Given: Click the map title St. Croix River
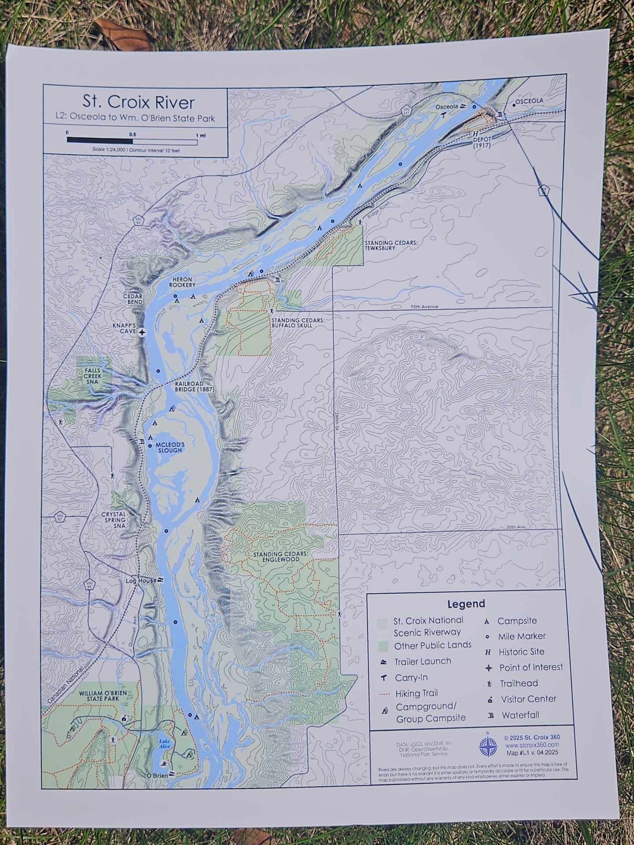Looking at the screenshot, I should pos(138,102).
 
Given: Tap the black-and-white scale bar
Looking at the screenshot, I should pos(132,141).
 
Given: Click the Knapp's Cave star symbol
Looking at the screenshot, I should pos(142,333).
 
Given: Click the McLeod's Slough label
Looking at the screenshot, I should pos(169,448).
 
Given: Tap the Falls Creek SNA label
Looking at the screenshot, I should pos(93,376).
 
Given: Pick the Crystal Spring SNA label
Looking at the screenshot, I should pos(114,520).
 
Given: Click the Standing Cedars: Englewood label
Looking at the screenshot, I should pos(276,557).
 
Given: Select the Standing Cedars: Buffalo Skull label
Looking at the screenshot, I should pos(298,323).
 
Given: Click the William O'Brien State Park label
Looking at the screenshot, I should pos(103,695).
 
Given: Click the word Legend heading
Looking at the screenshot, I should pos(466,604).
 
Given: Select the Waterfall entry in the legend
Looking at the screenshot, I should pos(520,715).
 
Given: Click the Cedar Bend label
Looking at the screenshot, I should pos(133,299).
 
